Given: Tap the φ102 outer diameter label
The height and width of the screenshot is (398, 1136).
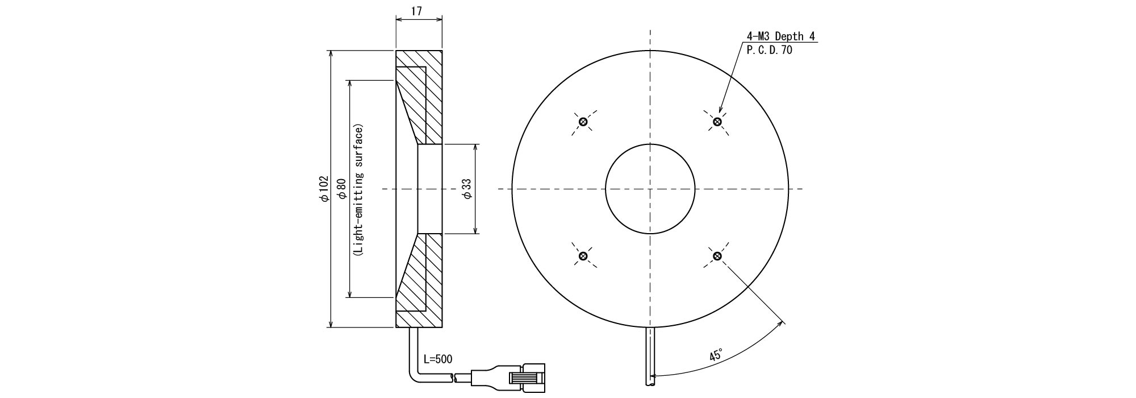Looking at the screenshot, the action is point(324,188).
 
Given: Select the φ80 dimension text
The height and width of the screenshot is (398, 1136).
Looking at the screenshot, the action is point(341,188).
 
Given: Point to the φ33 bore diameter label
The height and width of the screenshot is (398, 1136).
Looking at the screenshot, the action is point(467,188).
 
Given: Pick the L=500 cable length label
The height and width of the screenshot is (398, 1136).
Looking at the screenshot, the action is point(438,359).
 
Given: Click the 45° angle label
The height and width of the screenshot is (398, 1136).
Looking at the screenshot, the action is point(716,355).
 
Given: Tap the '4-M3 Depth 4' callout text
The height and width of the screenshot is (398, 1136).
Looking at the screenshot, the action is point(780,37).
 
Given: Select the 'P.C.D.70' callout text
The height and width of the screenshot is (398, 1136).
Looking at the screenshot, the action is point(770,50).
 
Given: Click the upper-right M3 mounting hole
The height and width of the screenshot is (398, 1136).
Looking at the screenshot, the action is point(717,121).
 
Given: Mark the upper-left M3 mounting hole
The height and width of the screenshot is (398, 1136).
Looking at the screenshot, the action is point(583,122).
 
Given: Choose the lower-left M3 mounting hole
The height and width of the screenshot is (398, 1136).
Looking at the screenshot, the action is point(583,256).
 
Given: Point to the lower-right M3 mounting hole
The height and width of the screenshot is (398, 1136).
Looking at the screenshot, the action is point(717,256).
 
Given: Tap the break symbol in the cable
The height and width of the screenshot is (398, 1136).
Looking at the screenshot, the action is point(453,377).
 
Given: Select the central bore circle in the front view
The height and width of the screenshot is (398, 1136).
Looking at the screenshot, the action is point(650,189).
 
